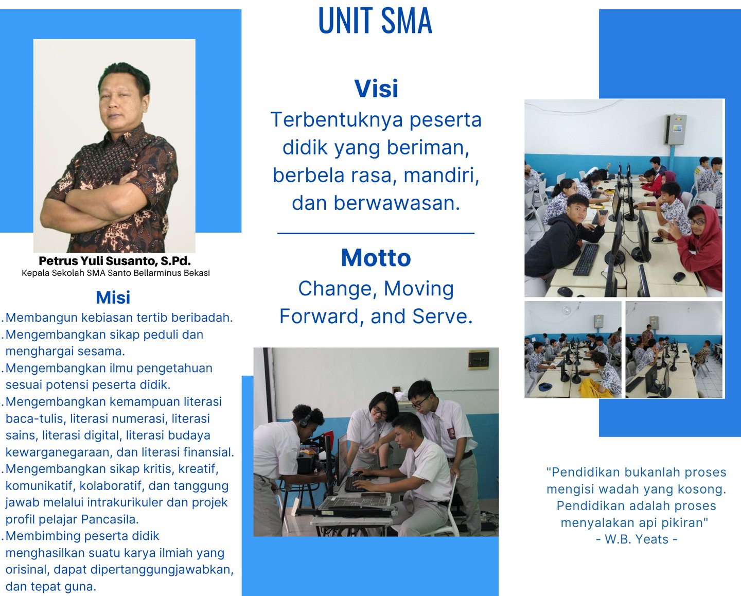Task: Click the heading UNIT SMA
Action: [x=375, y=21]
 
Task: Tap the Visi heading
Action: [x=376, y=89]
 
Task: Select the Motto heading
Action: [x=376, y=258]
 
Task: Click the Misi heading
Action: [x=113, y=297]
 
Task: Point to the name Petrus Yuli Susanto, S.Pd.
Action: [x=115, y=261]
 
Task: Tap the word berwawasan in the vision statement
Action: [x=397, y=203]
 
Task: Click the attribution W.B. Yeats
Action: [x=637, y=539]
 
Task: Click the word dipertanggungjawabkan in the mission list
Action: [x=162, y=570]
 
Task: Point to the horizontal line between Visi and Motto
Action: [x=376, y=233]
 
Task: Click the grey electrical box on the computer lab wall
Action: [x=675, y=129]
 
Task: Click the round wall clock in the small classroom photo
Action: [x=567, y=310]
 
